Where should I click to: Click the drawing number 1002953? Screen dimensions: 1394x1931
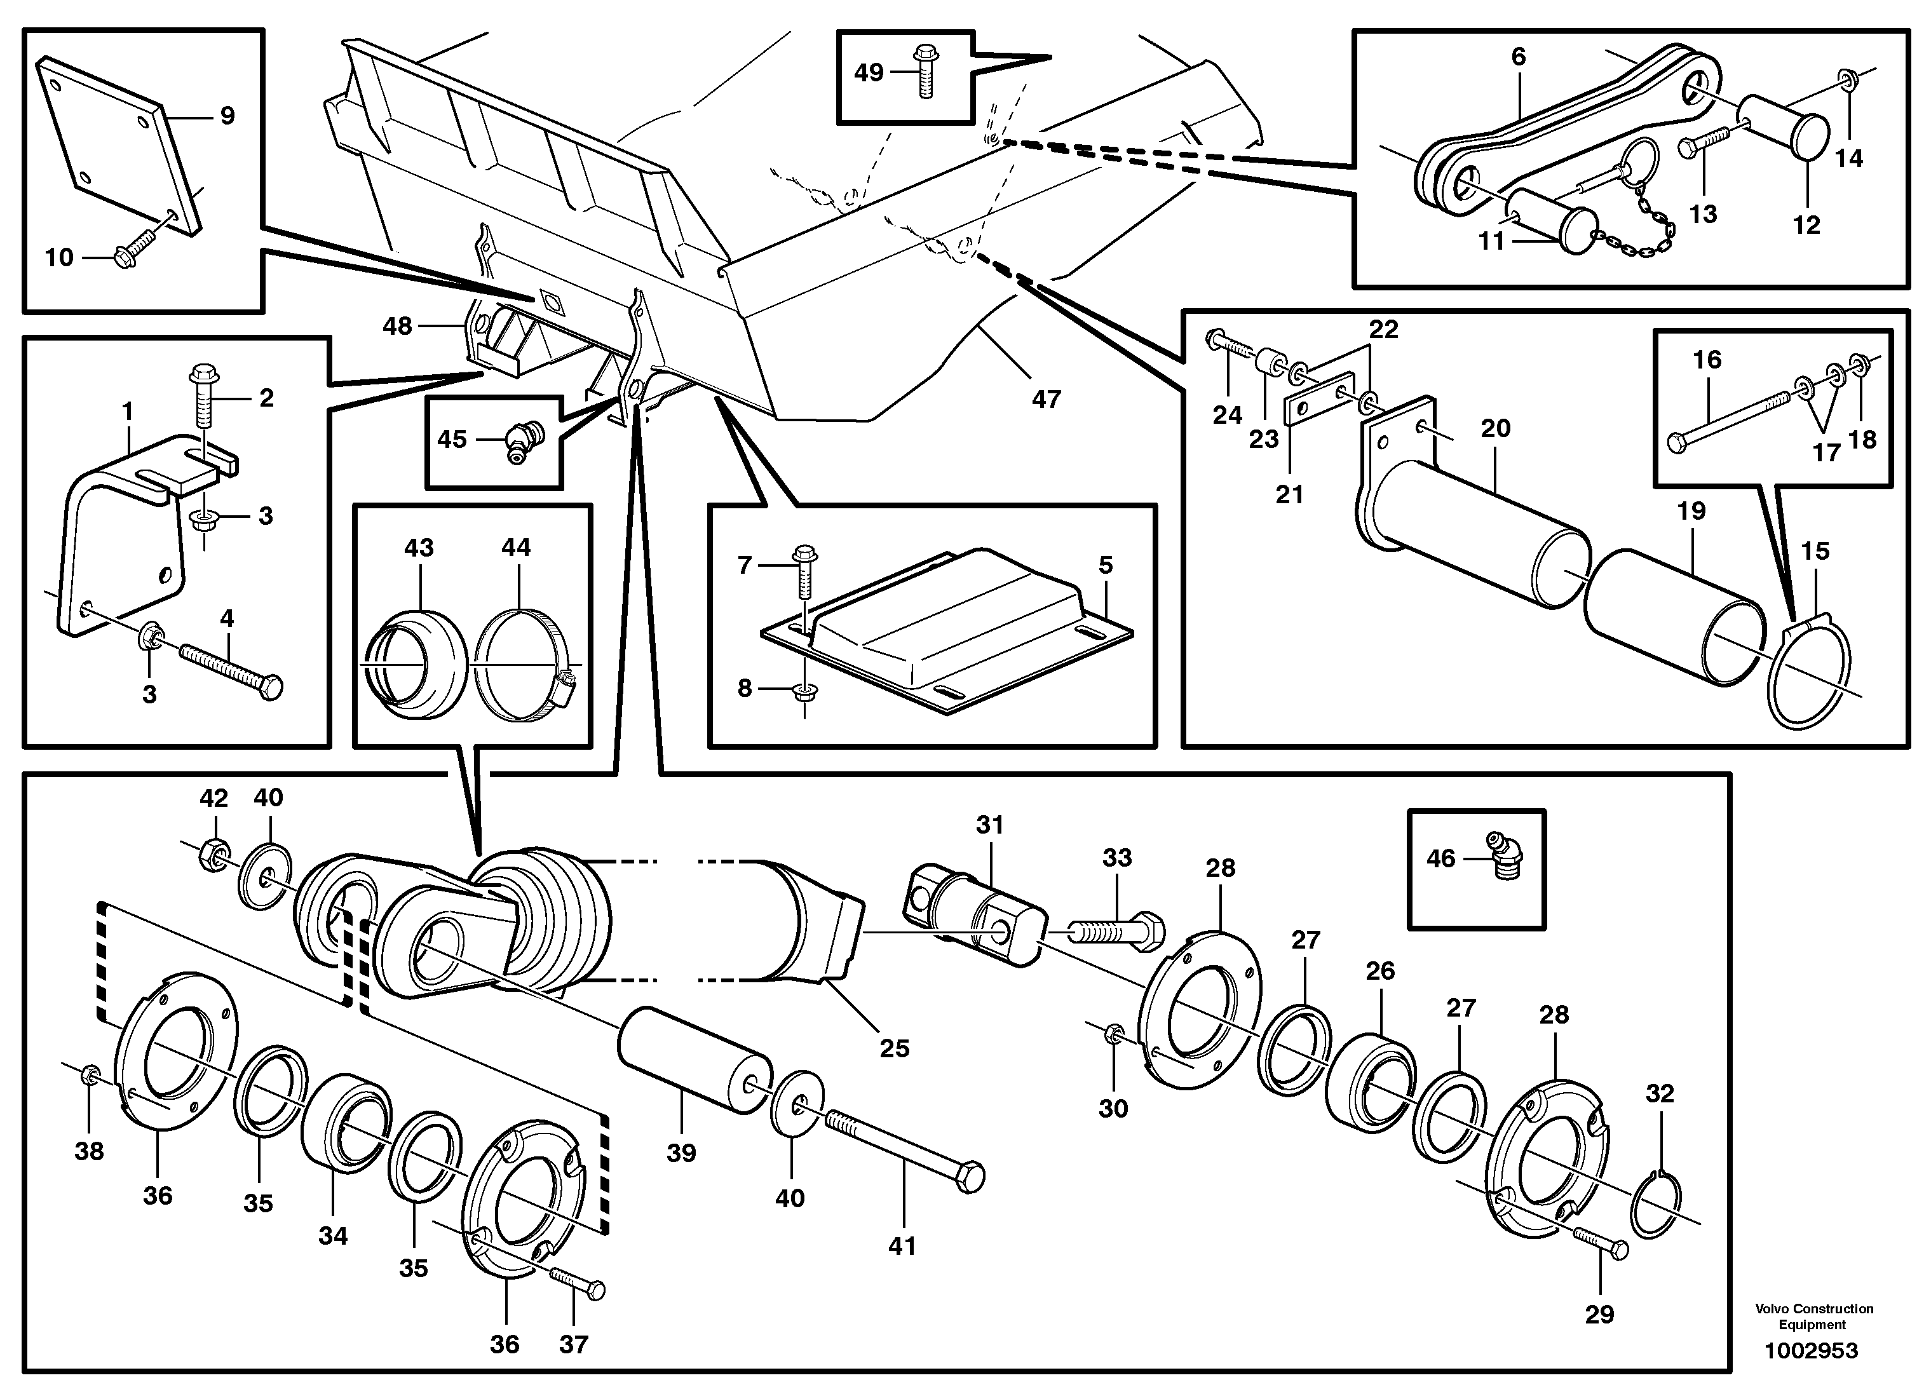point(1811,1351)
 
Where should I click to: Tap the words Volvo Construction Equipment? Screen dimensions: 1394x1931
point(1813,1316)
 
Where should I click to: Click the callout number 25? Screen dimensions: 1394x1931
point(894,1048)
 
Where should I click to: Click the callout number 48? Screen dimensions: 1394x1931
point(396,325)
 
